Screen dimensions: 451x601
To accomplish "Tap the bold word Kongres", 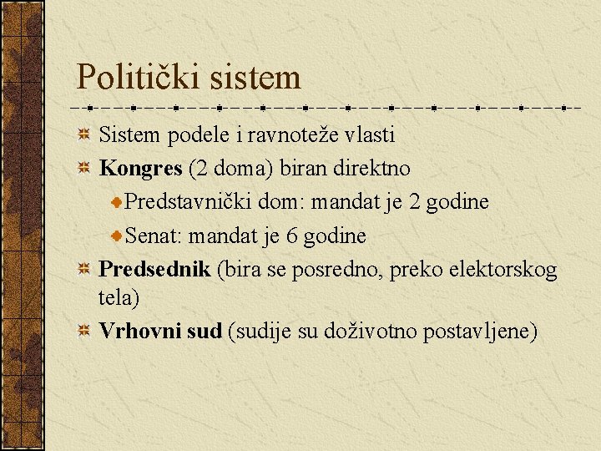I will (x=140, y=168).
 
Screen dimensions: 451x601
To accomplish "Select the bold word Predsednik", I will (x=154, y=270).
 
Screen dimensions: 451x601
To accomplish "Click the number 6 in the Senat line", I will (x=291, y=236).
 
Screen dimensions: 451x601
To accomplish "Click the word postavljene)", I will (x=481, y=331).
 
